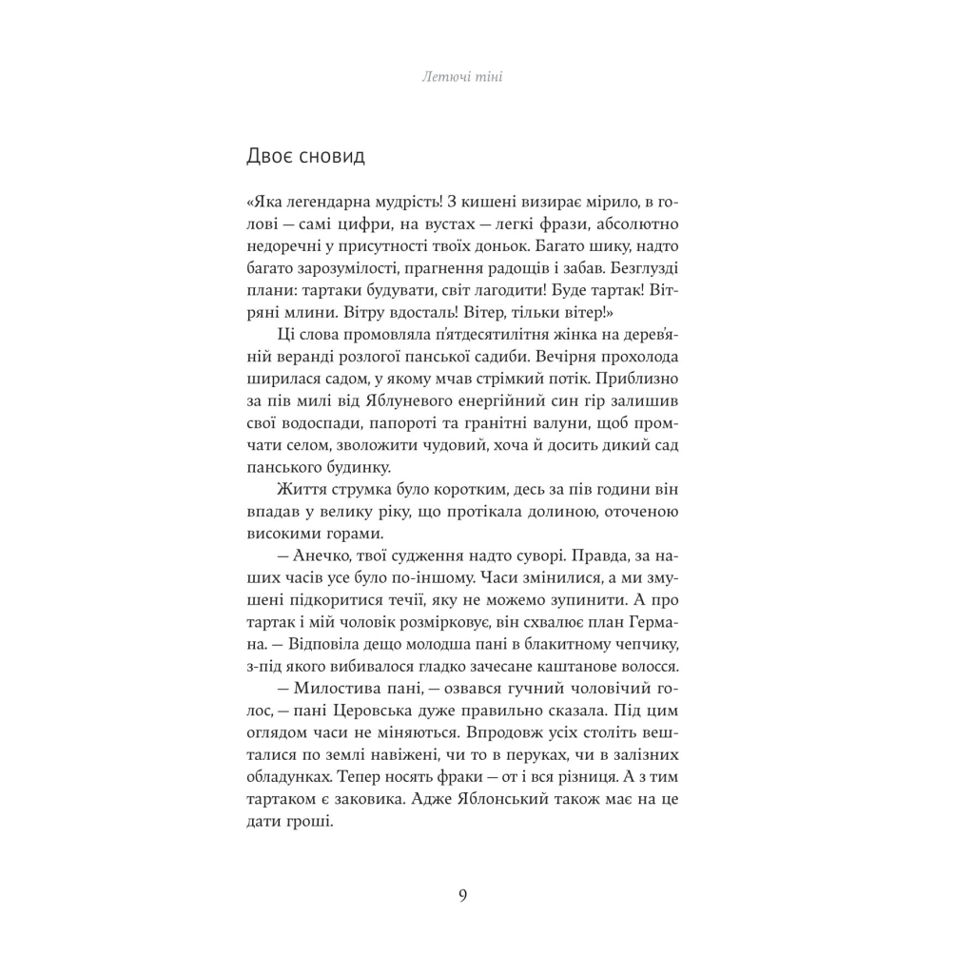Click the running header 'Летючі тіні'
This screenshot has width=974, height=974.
(462, 77)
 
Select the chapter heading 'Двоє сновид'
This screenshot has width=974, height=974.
(304, 156)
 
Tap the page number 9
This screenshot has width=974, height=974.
(462, 895)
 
